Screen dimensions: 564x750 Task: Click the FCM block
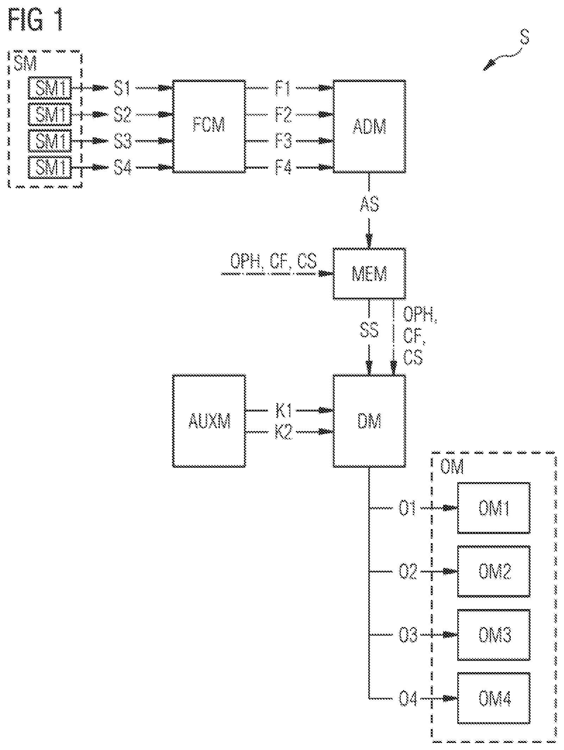[x=209, y=126]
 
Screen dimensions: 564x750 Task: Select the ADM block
[x=370, y=126]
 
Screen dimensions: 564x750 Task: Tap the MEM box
[x=370, y=273]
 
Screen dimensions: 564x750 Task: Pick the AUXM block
[x=209, y=421]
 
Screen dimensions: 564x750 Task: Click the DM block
[x=370, y=421]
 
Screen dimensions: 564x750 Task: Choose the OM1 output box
[x=494, y=508]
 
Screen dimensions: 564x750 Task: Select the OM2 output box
[x=494, y=571]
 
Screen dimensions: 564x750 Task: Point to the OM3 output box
[x=494, y=634]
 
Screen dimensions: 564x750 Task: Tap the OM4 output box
[x=494, y=698]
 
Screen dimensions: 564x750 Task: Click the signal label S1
[x=122, y=88]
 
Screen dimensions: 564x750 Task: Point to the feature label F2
[x=283, y=114]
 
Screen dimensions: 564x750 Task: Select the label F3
[x=283, y=141]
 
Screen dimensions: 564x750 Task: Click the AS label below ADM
[x=370, y=204]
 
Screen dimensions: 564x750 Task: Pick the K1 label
[x=284, y=410]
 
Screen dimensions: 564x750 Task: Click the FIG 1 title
[x=36, y=20]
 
